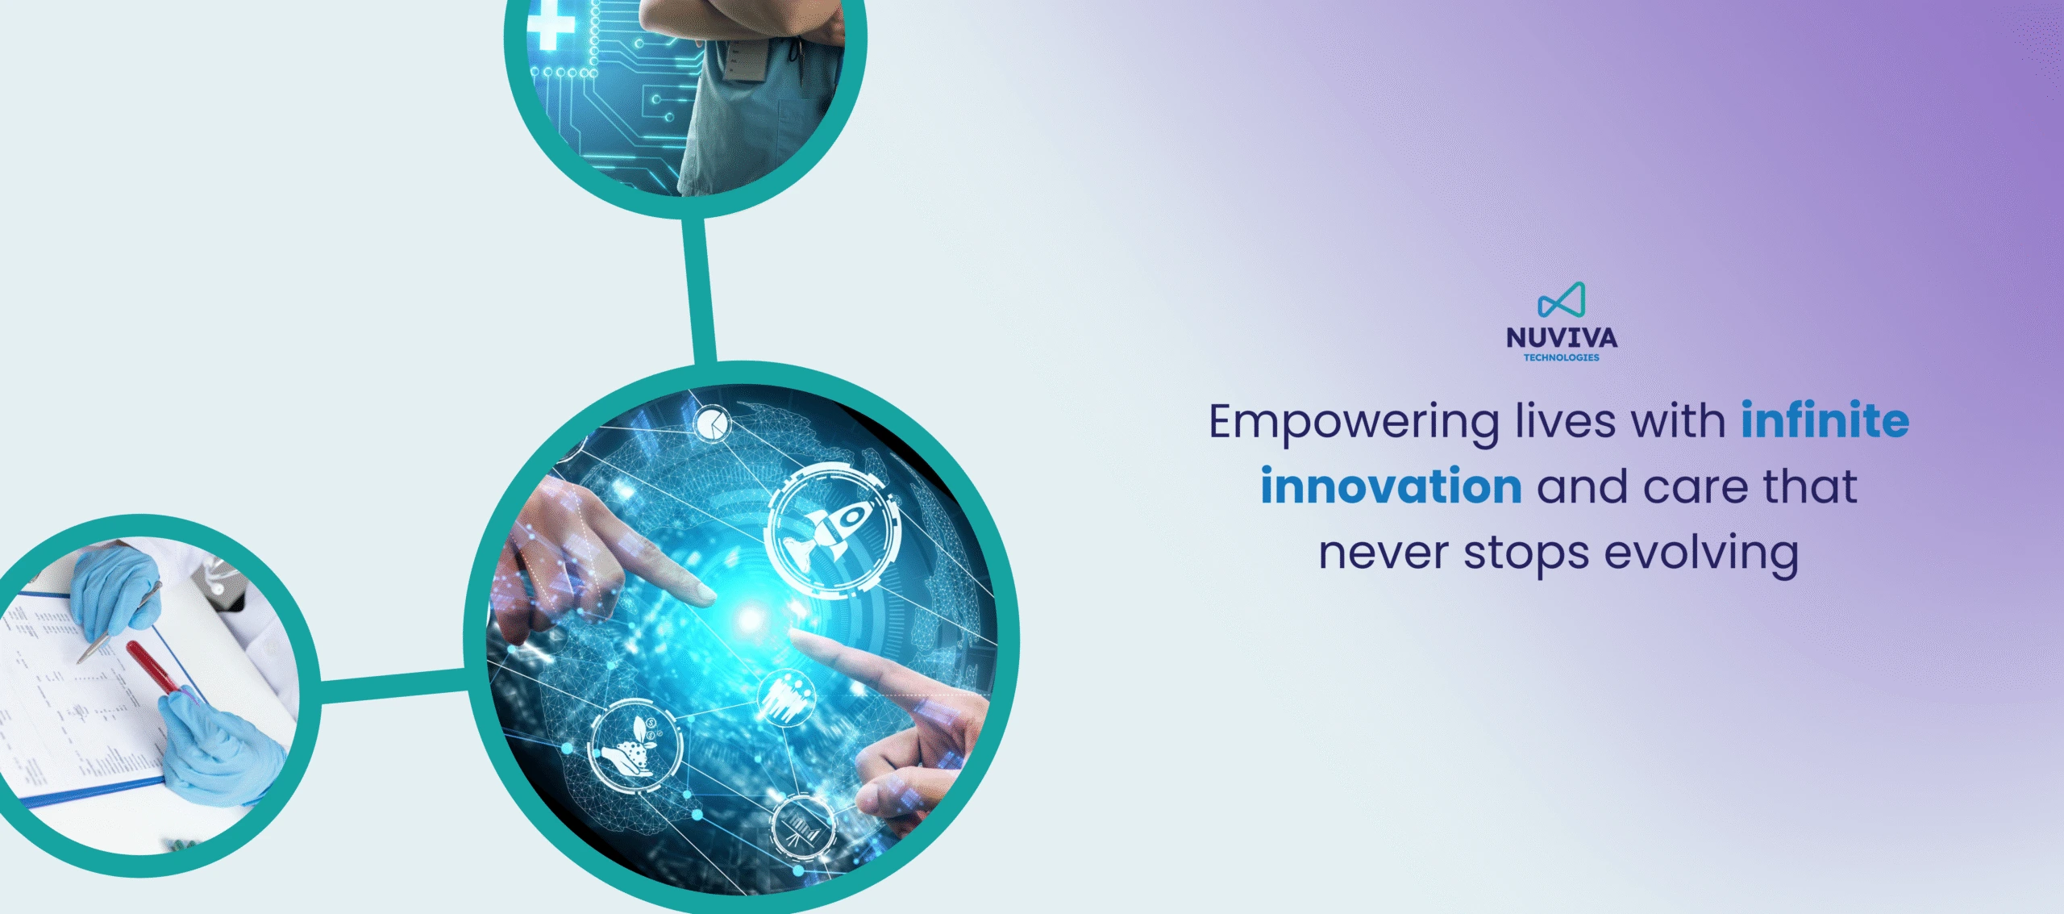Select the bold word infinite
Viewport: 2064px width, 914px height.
tap(1825, 419)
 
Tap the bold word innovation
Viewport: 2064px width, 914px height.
tap(1391, 486)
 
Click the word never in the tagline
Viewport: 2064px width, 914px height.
tap(1384, 555)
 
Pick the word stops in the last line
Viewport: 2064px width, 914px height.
tap(1526, 555)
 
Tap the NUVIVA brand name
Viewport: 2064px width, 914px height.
tap(1562, 337)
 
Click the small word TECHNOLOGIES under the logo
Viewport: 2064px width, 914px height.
tap(1562, 357)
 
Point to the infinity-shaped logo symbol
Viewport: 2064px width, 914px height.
tap(1562, 300)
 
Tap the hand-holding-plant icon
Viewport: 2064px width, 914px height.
tap(634, 745)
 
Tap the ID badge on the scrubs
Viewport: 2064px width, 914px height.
tap(746, 61)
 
